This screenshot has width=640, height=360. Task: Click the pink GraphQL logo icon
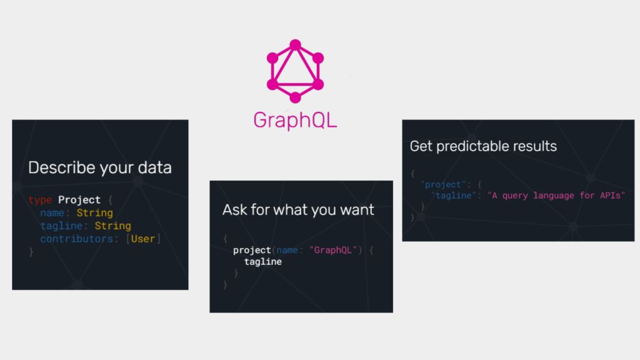coord(295,71)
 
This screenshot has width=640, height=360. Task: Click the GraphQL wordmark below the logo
coord(295,121)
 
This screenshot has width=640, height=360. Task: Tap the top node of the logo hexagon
coord(295,44)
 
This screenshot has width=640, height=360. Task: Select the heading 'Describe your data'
coord(100,167)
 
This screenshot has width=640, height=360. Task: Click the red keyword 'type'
coord(40,200)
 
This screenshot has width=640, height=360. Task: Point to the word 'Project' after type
coord(79,199)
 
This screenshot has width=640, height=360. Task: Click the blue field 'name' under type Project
coord(52,213)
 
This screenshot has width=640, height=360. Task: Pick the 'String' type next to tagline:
coord(112,226)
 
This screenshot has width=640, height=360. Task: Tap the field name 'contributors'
coord(76,239)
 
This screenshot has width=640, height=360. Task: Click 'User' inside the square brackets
coord(143,239)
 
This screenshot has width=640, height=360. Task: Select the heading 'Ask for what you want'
coord(298,210)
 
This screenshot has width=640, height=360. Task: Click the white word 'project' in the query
coord(252,250)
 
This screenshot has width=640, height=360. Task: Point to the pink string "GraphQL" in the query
coord(333,250)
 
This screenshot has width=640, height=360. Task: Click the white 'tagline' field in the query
coord(263,262)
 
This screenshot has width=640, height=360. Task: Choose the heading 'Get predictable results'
coord(483,146)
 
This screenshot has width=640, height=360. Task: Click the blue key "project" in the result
coord(443,184)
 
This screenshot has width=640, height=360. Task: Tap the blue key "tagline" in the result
coord(454,196)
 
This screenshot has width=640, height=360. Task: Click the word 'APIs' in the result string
coord(610,196)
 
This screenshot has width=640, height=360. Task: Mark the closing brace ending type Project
coord(31,252)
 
